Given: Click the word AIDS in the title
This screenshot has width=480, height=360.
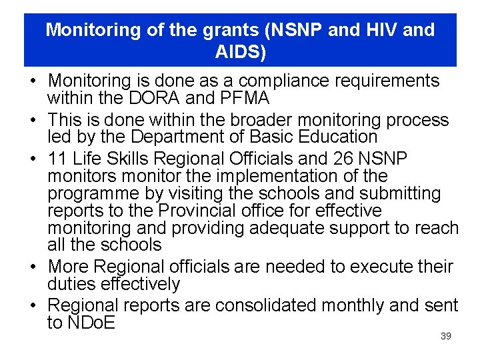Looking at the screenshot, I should (x=240, y=51).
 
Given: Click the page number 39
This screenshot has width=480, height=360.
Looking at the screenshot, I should (x=446, y=337).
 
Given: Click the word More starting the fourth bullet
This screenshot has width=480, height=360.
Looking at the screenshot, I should (x=68, y=267).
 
